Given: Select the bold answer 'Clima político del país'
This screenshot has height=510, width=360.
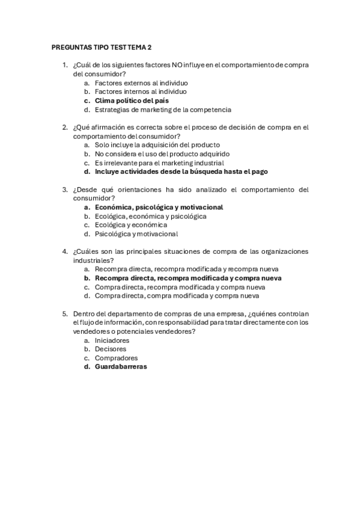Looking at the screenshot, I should (x=132, y=101).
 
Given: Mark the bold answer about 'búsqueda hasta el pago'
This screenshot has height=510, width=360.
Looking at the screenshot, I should (x=181, y=171).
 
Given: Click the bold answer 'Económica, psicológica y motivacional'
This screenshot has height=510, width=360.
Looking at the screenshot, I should (x=159, y=207).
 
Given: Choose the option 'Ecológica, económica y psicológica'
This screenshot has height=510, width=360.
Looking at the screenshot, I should (x=150, y=216).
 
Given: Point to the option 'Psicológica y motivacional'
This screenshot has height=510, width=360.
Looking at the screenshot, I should (x=136, y=234).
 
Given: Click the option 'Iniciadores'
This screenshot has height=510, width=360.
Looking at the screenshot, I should (x=112, y=340).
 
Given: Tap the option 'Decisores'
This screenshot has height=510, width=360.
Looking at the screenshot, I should (x=111, y=349).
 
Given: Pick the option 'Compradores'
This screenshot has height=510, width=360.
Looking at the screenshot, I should (x=116, y=358).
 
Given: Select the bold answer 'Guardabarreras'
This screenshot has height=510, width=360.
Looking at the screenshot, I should (x=121, y=367).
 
